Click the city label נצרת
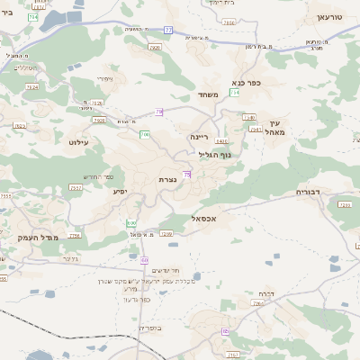167,180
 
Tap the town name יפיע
119,191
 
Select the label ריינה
199,137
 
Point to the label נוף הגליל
215,154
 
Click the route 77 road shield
168,30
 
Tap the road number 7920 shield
155,46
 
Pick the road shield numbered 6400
221,141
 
